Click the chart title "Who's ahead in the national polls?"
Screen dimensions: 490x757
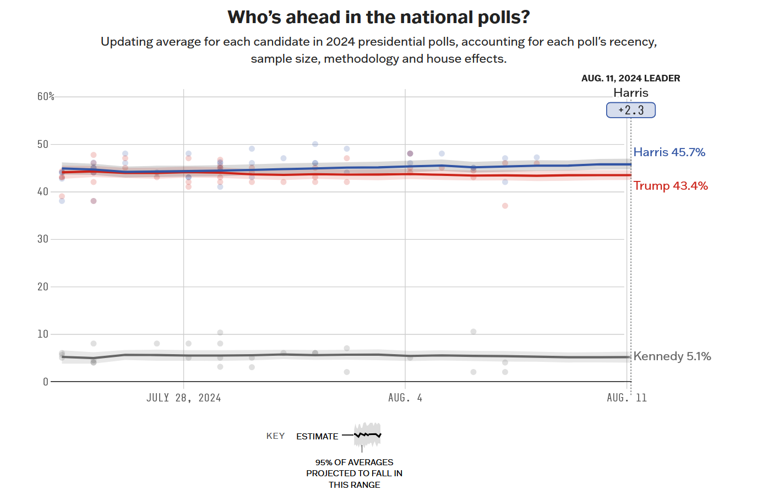point(378,18)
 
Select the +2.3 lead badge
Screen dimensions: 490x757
point(631,110)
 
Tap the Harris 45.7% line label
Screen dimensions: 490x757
point(669,152)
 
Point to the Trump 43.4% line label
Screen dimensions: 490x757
point(671,186)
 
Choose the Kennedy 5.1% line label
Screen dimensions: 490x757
point(672,356)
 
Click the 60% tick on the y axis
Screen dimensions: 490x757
point(46,97)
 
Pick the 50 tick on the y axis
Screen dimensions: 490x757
point(43,145)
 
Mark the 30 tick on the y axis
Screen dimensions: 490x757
point(43,239)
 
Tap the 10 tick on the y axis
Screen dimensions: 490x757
point(43,334)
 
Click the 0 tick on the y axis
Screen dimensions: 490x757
point(46,382)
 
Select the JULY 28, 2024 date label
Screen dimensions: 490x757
point(183,398)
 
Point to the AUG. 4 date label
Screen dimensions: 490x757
point(405,398)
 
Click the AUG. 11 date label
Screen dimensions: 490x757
point(627,398)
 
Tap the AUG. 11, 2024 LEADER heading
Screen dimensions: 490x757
point(630,78)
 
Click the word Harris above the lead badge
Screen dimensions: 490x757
point(631,93)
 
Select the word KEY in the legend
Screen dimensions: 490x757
point(275,436)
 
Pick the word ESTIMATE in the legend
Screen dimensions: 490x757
point(317,437)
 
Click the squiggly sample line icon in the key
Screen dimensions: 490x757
point(367,435)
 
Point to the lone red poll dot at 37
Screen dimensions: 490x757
point(505,206)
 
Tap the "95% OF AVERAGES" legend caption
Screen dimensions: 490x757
point(354,463)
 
